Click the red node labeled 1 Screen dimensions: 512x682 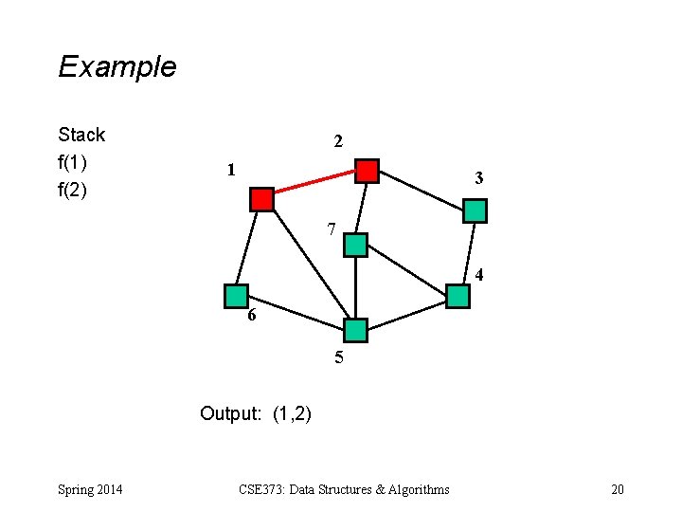pos(261,199)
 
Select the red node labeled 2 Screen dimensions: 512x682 pos(367,171)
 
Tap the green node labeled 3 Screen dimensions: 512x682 pos(475,210)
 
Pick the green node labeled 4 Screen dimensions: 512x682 pos(458,296)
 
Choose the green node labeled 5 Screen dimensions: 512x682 pos(355,330)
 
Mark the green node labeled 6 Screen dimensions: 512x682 pos(236,296)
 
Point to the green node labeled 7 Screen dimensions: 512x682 pos(355,245)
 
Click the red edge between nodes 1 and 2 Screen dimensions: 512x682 pos(314,185)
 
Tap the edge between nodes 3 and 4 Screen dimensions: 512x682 pos(467,253)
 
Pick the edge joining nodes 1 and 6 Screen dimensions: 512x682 pos(248,248)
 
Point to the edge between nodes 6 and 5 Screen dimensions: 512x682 pos(296,313)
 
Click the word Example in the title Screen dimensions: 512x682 pos(117,66)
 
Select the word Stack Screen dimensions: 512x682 pos(81,135)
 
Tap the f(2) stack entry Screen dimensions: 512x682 pos(73,190)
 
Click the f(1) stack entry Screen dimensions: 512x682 pos(73,162)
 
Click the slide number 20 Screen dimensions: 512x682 pos(618,489)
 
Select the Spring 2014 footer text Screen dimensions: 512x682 pos(89,489)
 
